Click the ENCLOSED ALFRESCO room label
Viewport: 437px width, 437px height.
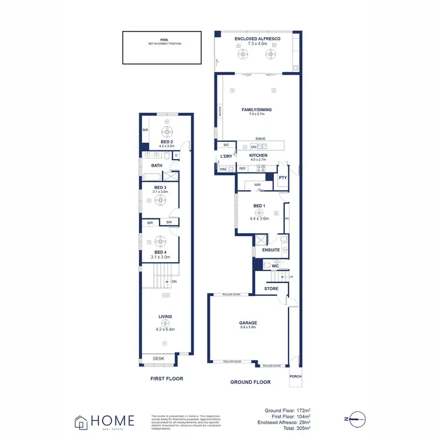[x=257, y=38]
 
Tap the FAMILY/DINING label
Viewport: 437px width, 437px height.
[x=256, y=110]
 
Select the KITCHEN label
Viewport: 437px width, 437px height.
[x=258, y=156]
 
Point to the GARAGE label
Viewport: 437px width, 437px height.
[x=248, y=322]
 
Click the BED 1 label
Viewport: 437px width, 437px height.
[x=259, y=206]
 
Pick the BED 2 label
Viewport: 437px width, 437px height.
[x=167, y=142]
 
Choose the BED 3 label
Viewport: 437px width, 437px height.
[x=160, y=187]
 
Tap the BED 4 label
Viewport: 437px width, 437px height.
[x=160, y=252]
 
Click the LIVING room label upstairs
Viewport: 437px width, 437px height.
[x=165, y=317]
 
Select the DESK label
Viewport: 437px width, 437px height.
[x=158, y=358]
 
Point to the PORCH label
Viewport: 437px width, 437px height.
[x=296, y=376]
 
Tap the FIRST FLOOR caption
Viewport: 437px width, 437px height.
[x=166, y=379]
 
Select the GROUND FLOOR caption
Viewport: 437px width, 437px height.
[x=251, y=382]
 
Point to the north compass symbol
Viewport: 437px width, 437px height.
[x=356, y=418]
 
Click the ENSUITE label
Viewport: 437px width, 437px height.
[x=271, y=249]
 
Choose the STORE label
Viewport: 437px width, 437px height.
[x=271, y=288]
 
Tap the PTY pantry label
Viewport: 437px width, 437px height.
[x=283, y=177]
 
